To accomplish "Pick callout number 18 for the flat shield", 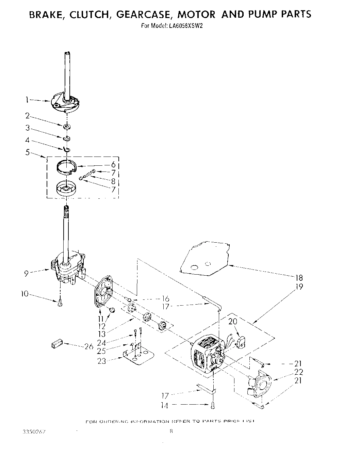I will (298, 278).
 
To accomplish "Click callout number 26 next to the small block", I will (89, 346).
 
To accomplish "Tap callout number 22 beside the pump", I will (298, 372).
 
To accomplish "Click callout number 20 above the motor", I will (233, 322).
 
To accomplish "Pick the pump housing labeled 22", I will (260, 385).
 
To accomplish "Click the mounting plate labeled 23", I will (136, 357).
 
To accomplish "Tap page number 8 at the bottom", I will (171, 432).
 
